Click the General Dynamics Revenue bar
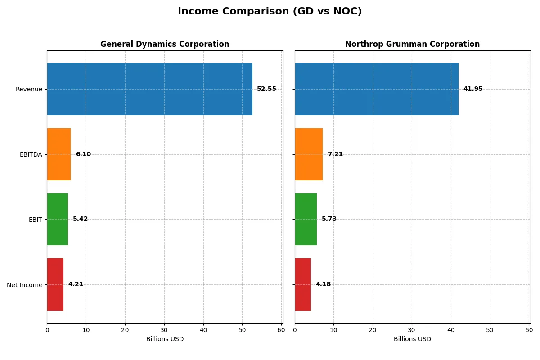coord(149,89)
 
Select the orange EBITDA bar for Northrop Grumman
coord(309,154)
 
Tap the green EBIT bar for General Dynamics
coord(58,220)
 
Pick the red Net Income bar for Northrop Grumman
coord(303,284)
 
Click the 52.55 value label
coord(266,89)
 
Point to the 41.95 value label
coord(473,89)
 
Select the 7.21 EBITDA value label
coord(335,154)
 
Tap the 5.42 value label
coord(81,219)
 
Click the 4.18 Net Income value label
coord(323,284)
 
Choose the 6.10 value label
coord(83,154)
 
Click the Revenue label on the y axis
coord(29,89)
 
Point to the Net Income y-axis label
coord(25,285)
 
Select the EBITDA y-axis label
coord(31,154)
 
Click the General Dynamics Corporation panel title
coord(165,45)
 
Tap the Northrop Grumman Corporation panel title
coord(412,45)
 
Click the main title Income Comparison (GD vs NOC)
coord(270,12)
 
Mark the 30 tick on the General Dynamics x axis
coord(164,330)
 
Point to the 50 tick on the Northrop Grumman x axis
coord(490,330)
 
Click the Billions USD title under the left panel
coord(165,339)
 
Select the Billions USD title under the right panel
coord(412,339)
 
